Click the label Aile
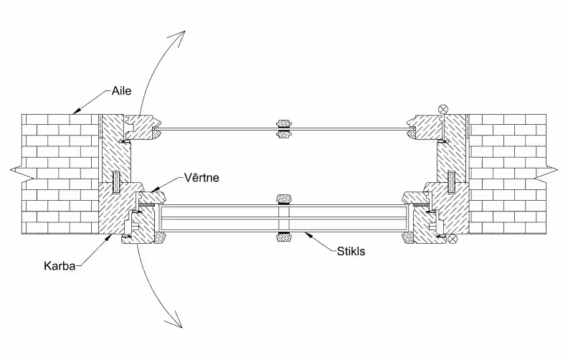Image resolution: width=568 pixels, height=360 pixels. pos(122,91)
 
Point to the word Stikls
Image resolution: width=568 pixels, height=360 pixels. pos(351,251)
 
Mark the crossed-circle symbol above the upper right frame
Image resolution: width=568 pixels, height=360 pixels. pos(443,108)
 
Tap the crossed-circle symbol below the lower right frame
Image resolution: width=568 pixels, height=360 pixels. pos(453,239)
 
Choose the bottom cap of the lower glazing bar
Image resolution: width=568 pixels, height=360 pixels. pos(284,237)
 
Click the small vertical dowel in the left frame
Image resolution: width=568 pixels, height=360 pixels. pos(115,182)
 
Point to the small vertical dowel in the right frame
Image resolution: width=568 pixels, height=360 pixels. pos(451,182)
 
